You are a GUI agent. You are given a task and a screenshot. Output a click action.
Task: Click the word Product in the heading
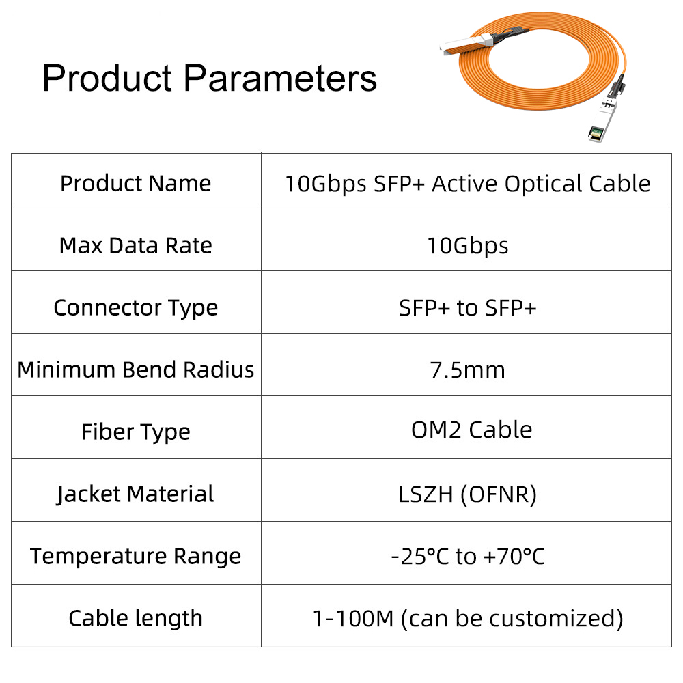(107, 79)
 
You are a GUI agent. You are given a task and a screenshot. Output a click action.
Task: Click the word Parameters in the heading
(280, 79)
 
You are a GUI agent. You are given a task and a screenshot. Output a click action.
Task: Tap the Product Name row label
(135, 183)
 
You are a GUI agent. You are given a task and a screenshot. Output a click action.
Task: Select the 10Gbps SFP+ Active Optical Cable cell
(467, 184)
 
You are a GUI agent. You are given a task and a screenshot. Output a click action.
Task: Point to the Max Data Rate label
(135, 246)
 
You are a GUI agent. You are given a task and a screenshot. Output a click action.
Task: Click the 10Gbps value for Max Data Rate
(467, 246)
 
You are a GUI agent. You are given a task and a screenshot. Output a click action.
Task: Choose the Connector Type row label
(135, 309)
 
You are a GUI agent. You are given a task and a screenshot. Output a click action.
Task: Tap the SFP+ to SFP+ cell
(467, 309)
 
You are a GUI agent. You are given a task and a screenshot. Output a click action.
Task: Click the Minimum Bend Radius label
(135, 370)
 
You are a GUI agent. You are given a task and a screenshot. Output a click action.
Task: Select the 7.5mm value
(467, 370)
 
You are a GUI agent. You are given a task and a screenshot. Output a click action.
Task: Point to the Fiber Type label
(135, 432)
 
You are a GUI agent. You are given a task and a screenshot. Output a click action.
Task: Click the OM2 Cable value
(472, 430)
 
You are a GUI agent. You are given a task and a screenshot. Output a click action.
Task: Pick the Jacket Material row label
(135, 494)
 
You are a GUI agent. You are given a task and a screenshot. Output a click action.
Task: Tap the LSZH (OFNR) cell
(467, 494)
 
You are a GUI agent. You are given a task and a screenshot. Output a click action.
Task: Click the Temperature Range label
(135, 557)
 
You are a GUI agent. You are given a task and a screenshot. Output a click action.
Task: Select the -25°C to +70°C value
(467, 557)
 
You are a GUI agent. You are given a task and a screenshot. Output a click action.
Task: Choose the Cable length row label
(135, 619)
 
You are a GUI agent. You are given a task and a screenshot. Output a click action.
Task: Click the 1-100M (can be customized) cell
(467, 619)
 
